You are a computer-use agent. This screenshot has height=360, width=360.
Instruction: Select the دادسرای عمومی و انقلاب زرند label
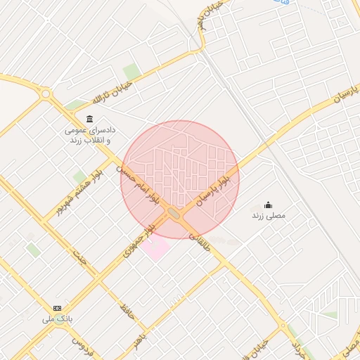click(90, 136)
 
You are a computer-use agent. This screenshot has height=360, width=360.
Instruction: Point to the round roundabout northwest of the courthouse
click(46, 93)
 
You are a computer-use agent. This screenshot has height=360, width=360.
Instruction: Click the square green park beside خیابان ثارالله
click(130, 71)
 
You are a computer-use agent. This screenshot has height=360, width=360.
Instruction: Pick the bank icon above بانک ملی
click(57, 309)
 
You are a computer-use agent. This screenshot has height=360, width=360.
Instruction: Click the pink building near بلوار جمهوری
click(155, 245)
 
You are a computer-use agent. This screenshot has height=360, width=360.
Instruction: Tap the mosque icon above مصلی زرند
click(269, 205)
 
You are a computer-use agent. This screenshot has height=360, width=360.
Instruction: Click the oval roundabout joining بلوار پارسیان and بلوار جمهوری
click(174, 212)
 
